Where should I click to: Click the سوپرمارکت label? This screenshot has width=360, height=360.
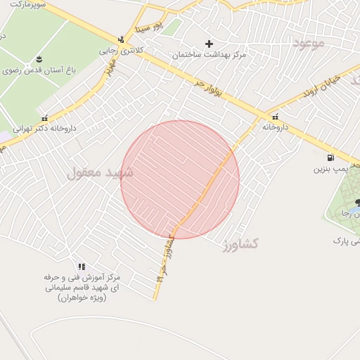tap(27, 4)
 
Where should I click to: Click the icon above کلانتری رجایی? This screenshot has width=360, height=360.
tap(121, 39)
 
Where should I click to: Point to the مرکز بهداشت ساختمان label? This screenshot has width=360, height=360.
tap(209, 54)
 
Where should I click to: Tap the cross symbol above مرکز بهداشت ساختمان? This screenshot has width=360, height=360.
tap(209, 44)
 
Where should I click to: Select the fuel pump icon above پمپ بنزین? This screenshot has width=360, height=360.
tap(330, 157)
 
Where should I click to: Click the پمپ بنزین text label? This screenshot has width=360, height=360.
tap(330, 169)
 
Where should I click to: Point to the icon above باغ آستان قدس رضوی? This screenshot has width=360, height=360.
tap(38, 57)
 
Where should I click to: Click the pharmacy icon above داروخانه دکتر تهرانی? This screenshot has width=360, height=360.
tap(45, 118)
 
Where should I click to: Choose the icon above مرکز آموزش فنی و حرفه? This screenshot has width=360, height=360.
tap(82, 266)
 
